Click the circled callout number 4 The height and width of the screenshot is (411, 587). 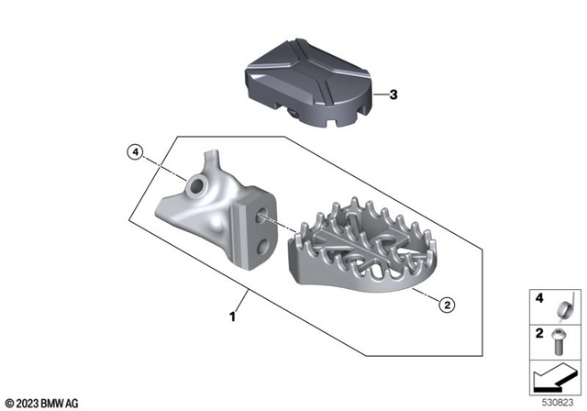point(136,152)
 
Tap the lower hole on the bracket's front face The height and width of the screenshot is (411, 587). point(264,245)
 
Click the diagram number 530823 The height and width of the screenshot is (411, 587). point(558,401)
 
